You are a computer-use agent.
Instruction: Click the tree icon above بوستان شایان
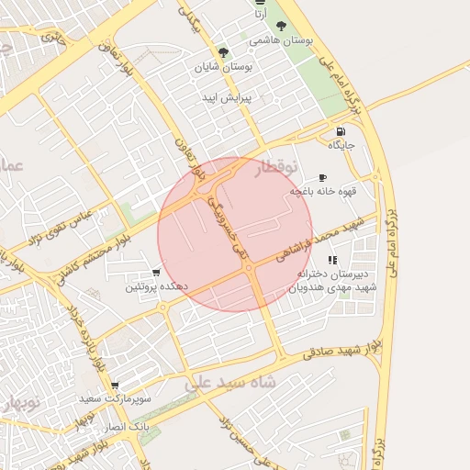(x=223, y=52)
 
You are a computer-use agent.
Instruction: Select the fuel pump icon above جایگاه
(x=341, y=130)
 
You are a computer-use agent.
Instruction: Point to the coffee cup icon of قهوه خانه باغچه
(x=322, y=177)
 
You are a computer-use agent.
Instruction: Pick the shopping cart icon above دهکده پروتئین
(x=156, y=273)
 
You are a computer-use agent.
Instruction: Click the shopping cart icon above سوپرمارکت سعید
(x=114, y=386)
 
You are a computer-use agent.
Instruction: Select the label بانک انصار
(x=126, y=428)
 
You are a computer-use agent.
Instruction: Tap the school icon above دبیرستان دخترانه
(x=331, y=261)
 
